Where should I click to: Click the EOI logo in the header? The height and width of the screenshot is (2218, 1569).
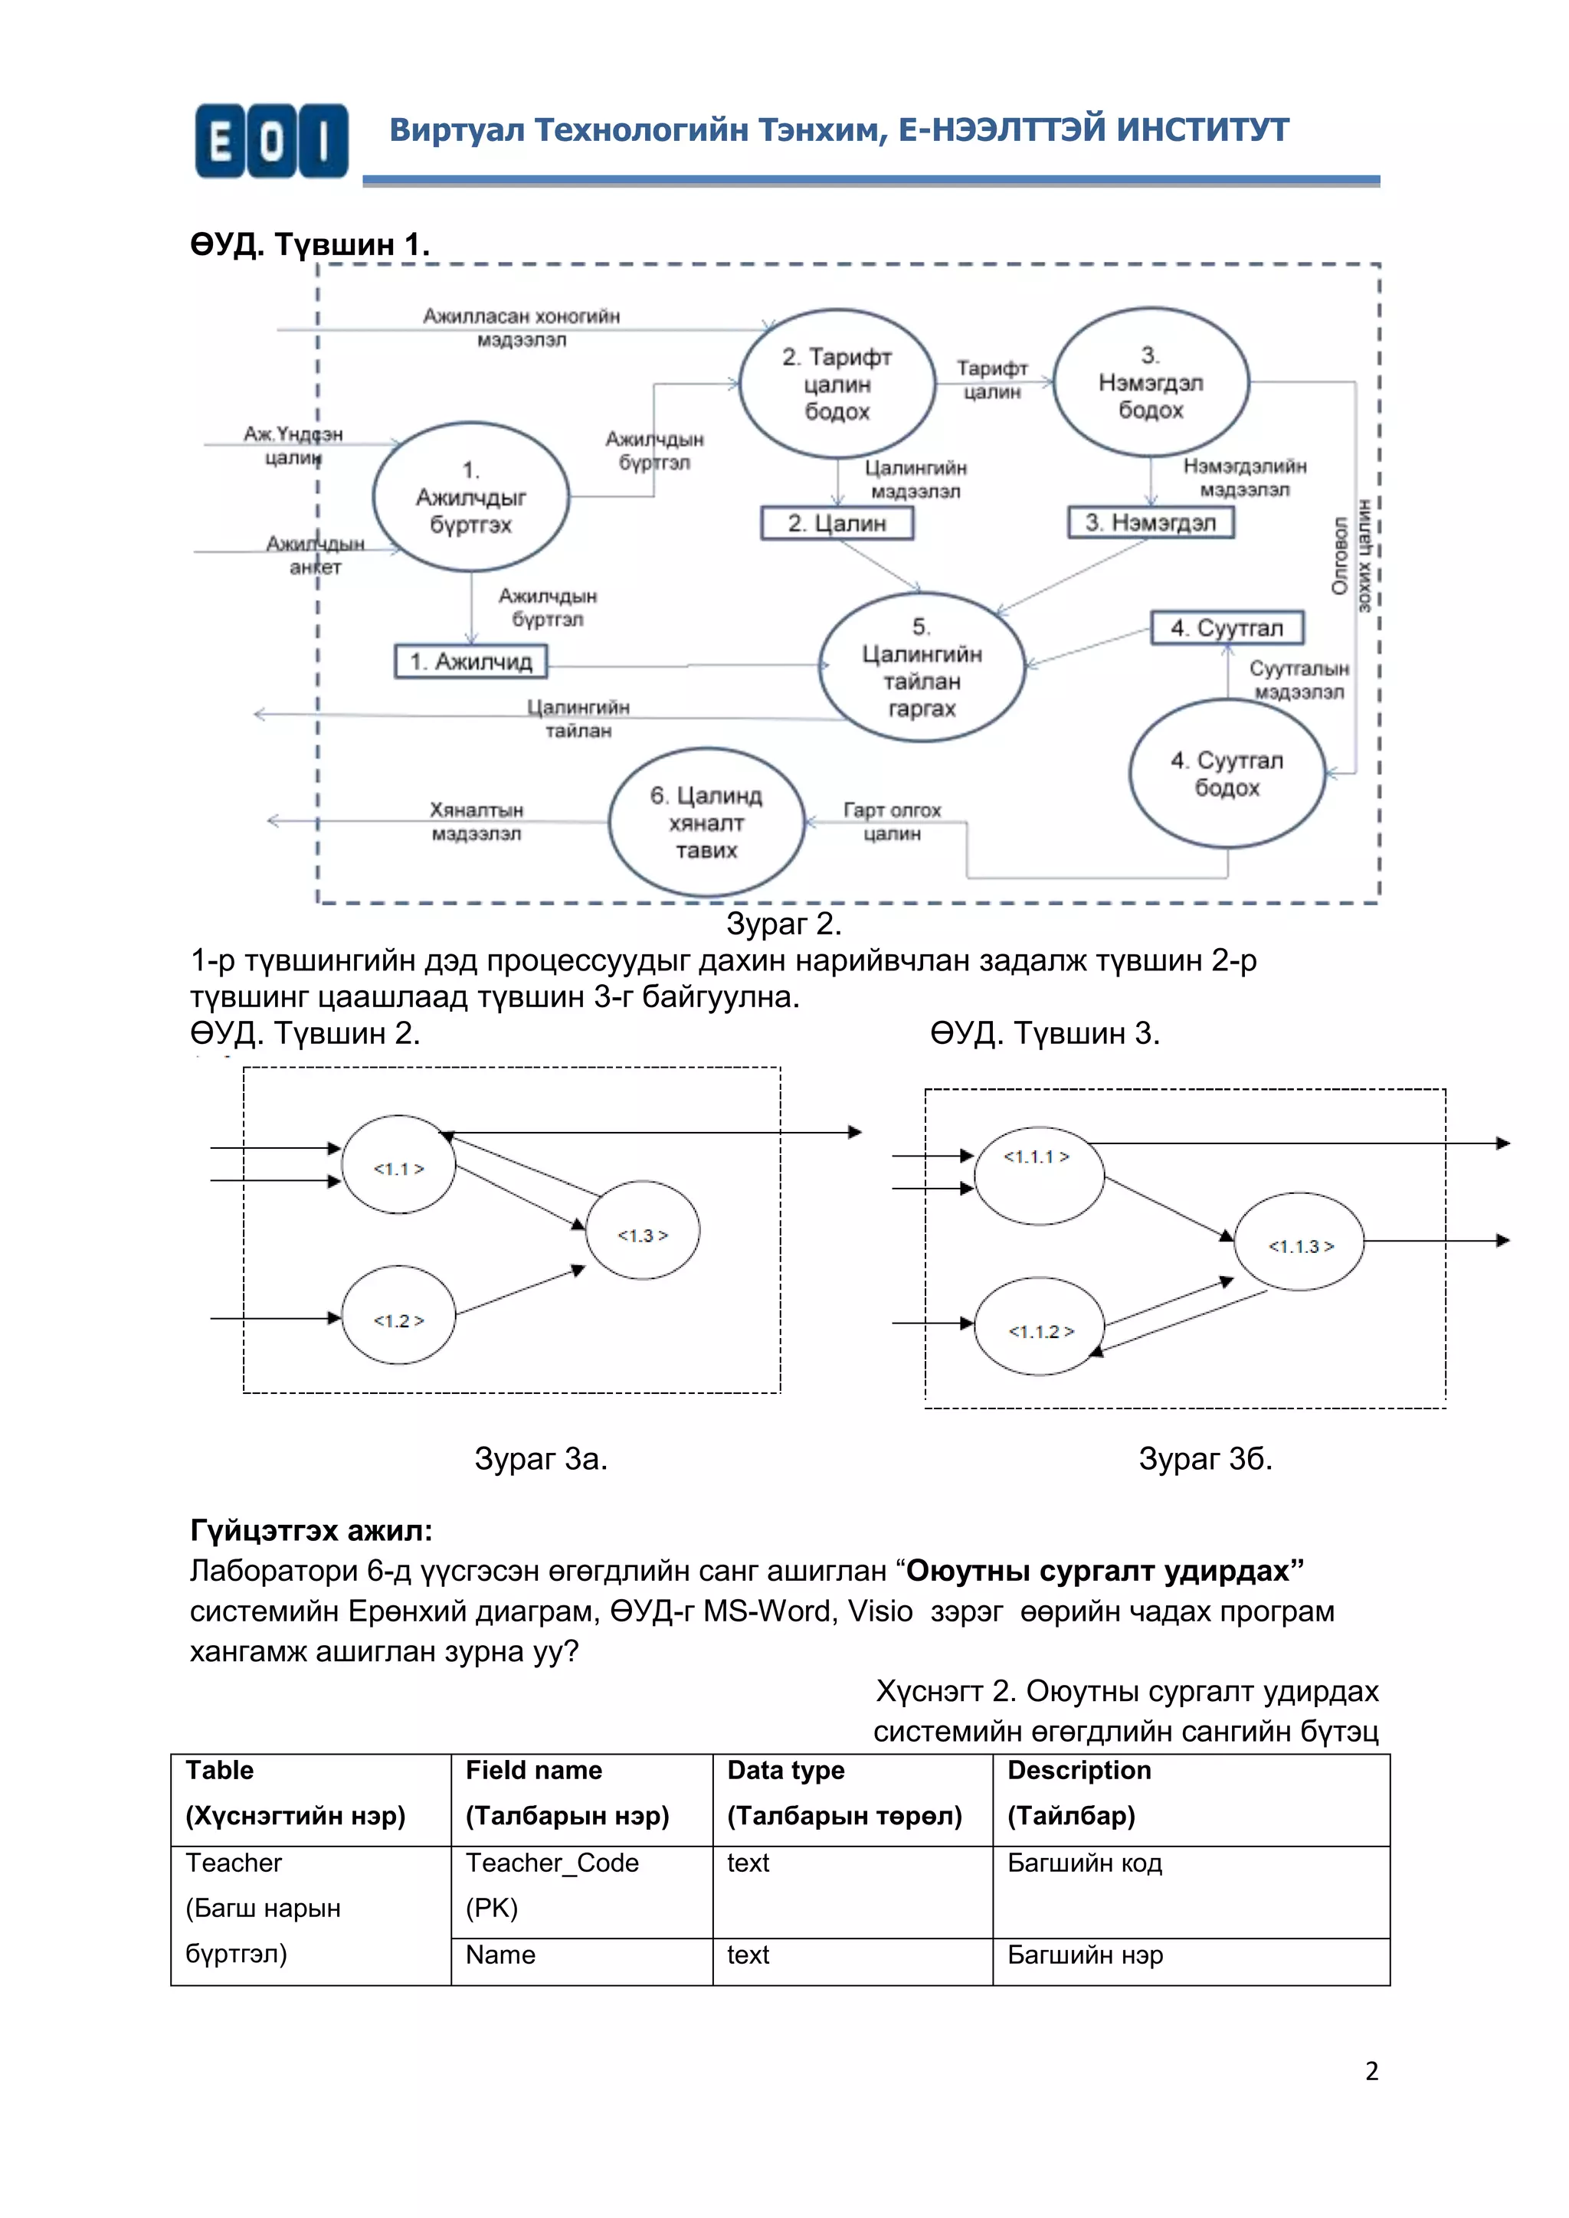(x=271, y=141)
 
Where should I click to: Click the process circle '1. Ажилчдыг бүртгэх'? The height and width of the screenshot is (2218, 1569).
(x=470, y=496)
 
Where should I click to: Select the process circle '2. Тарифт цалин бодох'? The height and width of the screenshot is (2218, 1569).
(x=837, y=384)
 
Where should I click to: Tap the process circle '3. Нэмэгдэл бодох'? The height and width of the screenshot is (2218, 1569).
(x=1150, y=381)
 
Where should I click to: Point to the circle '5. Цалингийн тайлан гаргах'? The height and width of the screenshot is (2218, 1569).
(x=921, y=666)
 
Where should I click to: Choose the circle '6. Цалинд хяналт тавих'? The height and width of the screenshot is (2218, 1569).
(x=706, y=822)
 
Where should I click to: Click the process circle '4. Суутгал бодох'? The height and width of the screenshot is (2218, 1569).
(x=1227, y=774)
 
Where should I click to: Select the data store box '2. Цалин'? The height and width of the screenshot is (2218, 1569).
(x=837, y=522)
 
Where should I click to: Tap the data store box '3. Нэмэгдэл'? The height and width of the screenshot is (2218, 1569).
(x=1150, y=522)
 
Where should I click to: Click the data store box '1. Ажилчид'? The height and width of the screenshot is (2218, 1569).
(x=470, y=662)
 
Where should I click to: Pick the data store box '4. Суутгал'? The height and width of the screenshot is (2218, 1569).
(x=1227, y=628)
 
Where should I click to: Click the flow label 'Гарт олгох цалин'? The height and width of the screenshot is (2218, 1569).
(x=891, y=821)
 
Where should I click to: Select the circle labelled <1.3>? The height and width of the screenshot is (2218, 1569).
(x=643, y=1232)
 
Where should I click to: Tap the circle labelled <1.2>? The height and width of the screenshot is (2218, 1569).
(x=398, y=1316)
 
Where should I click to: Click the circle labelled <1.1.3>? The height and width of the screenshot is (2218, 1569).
(x=1299, y=1242)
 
